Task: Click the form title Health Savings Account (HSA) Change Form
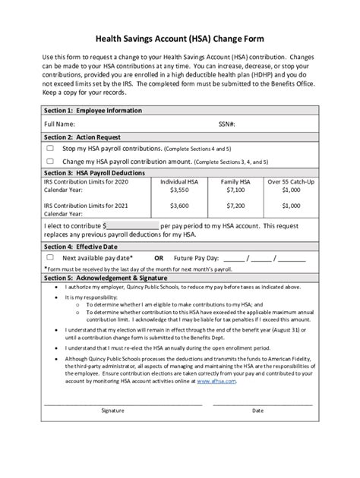coord(179,39)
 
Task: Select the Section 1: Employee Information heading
coord(93,111)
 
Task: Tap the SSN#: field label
coord(227,123)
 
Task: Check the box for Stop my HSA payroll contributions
coord(50,149)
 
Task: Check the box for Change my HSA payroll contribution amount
coord(50,161)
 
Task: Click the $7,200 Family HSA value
coord(235,205)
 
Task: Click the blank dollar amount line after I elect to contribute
coord(132,226)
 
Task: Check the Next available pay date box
coord(50,257)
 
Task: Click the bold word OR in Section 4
coord(159,258)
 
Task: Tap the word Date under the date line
coord(257,410)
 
